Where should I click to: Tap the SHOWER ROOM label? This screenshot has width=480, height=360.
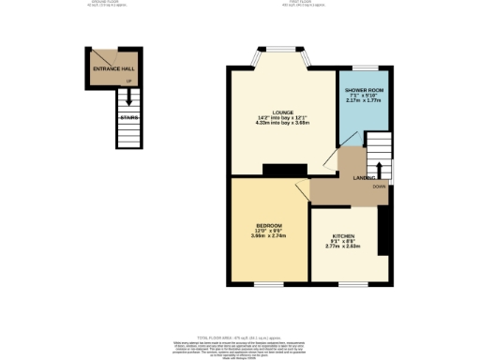click(x=365, y=89)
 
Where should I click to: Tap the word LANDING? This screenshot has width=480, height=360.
click(x=365, y=177)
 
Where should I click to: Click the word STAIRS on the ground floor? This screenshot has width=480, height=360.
click(x=128, y=118)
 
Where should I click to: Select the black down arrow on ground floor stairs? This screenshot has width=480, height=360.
click(x=128, y=100)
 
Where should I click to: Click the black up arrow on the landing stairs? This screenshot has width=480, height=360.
click(x=379, y=170)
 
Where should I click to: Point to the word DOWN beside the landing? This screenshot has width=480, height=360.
click(x=379, y=187)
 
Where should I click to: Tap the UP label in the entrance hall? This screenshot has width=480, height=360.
click(x=128, y=82)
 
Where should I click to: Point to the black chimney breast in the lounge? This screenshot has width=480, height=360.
click(x=285, y=170)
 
